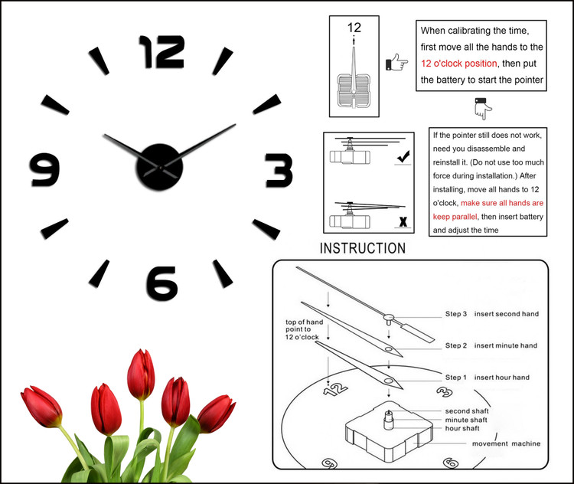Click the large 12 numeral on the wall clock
tap(161, 52)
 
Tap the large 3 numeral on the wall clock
tap(279, 170)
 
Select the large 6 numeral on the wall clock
tap(161, 283)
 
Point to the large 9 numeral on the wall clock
tap(44, 170)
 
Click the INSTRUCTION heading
tap(363, 249)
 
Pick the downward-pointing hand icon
tap(481, 108)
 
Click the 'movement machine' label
tap(506, 443)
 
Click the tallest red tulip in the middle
tap(141, 375)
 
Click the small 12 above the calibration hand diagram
tap(354, 28)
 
